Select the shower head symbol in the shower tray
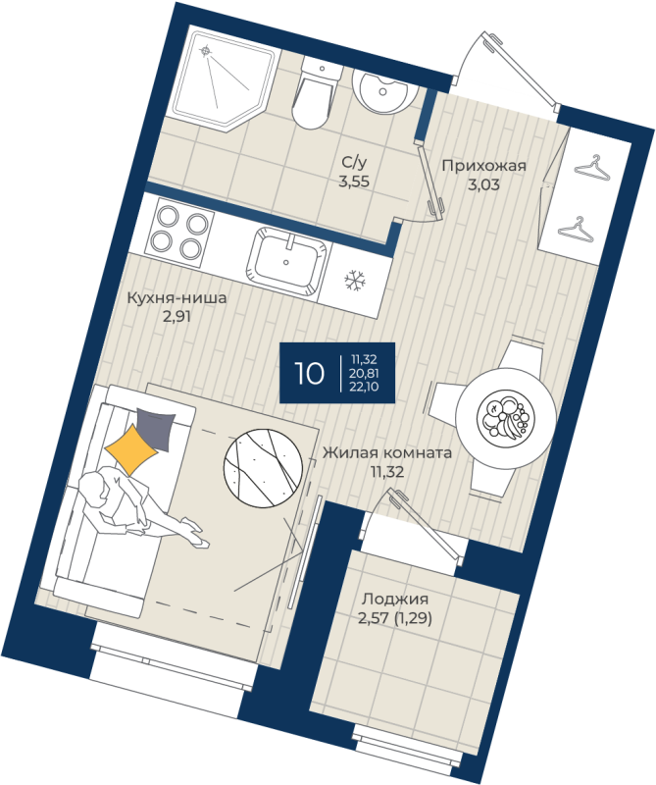tap(205, 50)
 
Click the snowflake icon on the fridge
tap(355, 281)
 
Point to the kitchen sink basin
tap(287, 261)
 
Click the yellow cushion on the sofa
tap(131, 449)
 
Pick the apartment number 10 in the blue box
tap(309, 373)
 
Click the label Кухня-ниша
tap(177, 298)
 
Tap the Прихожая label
tap(483, 165)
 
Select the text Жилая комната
tap(386, 452)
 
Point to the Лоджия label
tap(395, 600)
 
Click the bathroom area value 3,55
tap(354, 182)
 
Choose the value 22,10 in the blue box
tap(364, 386)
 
